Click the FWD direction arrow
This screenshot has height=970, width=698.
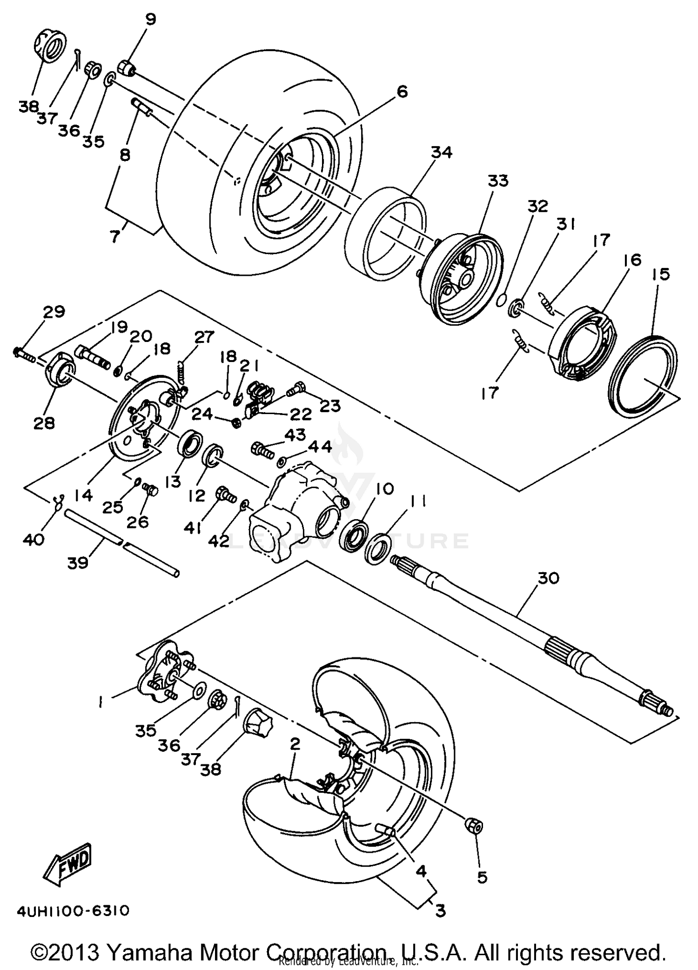(68, 865)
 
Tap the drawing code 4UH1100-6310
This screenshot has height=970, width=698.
(73, 910)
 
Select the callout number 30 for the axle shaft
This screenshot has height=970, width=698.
(550, 578)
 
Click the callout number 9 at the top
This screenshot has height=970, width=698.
(150, 20)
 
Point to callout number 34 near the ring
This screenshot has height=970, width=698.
(441, 152)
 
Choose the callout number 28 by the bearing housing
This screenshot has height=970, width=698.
(44, 423)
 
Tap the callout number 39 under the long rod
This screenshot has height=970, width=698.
(78, 562)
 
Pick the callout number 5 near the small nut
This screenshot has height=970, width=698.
(482, 877)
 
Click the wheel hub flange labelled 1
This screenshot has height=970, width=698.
(163, 673)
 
